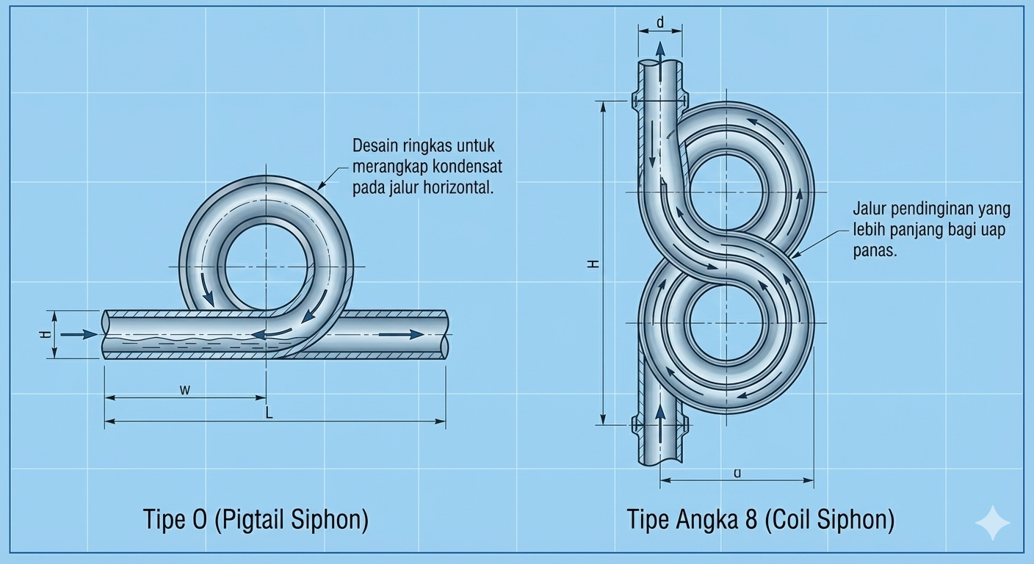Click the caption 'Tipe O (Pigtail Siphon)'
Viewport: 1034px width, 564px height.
click(255, 520)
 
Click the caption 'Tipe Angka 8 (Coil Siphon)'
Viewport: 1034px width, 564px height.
click(760, 520)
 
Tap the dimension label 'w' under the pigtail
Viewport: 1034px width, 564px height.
click(185, 389)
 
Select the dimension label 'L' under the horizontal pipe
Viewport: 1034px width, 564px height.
click(269, 414)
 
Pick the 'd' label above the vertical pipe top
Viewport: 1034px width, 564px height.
click(659, 23)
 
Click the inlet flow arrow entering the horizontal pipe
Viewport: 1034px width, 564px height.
click(79, 334)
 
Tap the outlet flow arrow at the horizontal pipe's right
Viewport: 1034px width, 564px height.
click(402, 334)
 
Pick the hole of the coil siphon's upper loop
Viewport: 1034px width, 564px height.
click(727, 192)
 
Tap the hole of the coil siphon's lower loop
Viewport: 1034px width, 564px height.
click(727, 323)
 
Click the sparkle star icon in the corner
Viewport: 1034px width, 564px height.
click(992, 522)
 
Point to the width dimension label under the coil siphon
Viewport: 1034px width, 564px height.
click(737, 474)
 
